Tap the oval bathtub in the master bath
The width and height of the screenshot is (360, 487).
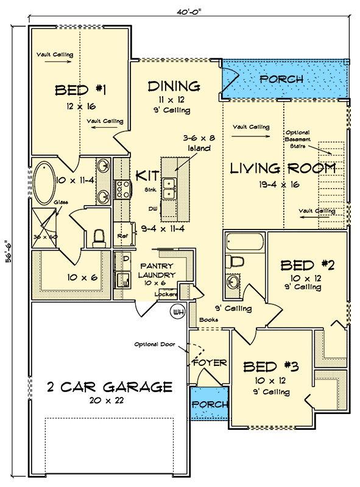click(x=44, y=183)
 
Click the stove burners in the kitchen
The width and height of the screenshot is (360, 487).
click(x=122, y=189)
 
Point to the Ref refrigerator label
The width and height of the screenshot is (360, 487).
click(x=122, y=236)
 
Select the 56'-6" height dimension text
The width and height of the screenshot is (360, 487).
click(x=9, y=251)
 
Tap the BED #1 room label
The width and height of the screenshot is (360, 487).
click(x=80, y=90)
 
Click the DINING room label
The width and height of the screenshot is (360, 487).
click(x=174, y=86)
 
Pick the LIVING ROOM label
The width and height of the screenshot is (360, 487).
click(x=283, y=169)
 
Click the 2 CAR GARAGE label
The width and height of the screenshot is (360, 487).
click(x=110, y=387)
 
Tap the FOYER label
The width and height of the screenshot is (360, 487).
click(x=210, y=362)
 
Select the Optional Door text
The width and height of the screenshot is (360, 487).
click(x=155, y=345)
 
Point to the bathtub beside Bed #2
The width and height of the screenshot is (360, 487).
click(x=245, y=242)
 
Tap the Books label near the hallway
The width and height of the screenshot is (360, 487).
click(x=208, y=320)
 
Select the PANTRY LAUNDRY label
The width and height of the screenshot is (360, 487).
click(x=157, y=270)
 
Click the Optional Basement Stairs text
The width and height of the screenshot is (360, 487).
click(x=298, y=139)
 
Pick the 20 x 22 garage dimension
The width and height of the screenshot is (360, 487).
click(x=107, y=401)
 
